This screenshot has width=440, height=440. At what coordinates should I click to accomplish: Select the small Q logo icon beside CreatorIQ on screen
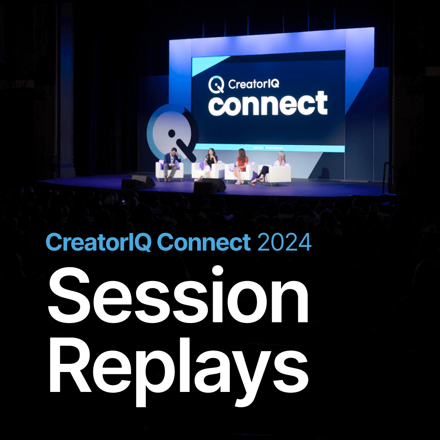point(216,85)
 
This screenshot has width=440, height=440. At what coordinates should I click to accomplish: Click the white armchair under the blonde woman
point(280,174)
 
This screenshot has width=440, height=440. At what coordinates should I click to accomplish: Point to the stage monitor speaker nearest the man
point(141,182)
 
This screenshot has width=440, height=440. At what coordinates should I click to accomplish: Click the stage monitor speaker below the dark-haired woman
point(210,185)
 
